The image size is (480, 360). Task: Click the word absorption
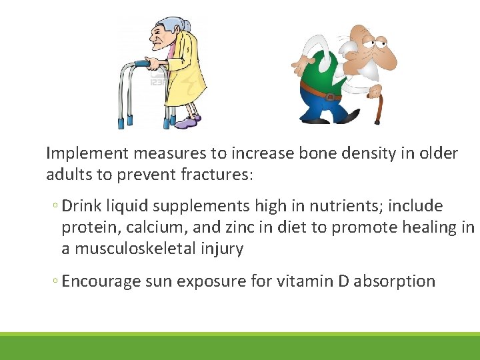395,281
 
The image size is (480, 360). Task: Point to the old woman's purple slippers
187,123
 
